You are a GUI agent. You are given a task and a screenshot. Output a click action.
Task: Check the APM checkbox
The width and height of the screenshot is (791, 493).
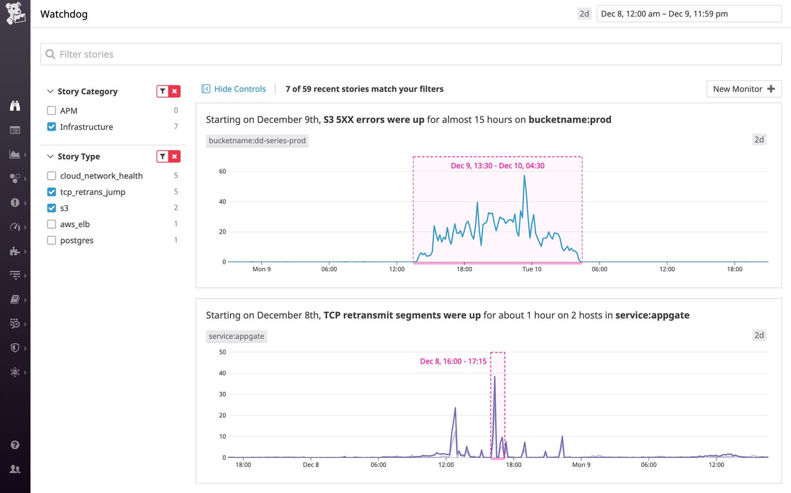(51, 111)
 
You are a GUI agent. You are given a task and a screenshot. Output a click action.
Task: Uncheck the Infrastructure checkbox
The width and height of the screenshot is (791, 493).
(51, 127)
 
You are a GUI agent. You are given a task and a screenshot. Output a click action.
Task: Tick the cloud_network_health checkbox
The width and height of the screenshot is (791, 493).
(51, 176)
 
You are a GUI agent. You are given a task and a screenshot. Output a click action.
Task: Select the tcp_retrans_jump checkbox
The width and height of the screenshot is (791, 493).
(51, 192)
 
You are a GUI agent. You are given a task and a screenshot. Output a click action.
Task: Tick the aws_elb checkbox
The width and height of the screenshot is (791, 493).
(51, 224)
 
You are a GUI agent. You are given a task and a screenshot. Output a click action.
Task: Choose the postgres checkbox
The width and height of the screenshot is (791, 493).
(51, 240)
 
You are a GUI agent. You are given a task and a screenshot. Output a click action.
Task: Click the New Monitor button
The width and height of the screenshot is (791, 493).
(744, 89)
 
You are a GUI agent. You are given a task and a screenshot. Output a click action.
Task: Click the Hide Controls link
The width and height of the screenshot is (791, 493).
(234, 89)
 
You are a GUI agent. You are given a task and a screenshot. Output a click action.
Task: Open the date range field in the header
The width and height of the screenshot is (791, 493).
(689, 14)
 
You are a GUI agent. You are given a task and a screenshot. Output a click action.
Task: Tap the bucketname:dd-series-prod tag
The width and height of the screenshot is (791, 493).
(257, 140)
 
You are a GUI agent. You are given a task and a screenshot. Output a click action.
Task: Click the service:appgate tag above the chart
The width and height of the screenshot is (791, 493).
(236, 336)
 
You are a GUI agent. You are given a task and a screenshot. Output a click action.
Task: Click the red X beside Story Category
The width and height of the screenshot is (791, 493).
(175, 91)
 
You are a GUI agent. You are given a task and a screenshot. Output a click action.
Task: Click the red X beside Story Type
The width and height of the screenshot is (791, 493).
(175, 157)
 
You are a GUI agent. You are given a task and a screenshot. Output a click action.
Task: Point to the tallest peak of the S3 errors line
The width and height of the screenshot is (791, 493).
(524, 176)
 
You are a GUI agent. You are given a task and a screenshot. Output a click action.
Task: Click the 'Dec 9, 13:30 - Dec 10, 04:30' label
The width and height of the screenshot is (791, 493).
(497, 166)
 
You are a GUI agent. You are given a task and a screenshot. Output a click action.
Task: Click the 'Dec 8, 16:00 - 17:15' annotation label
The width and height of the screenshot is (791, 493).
(453, 361)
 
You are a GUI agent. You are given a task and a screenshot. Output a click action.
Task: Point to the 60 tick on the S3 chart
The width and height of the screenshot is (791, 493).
(223, 171)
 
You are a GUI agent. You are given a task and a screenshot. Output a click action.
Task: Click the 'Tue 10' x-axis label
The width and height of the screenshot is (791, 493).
(532, 269)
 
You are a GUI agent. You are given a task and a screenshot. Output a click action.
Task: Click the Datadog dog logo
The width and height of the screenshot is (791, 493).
(15, 13)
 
